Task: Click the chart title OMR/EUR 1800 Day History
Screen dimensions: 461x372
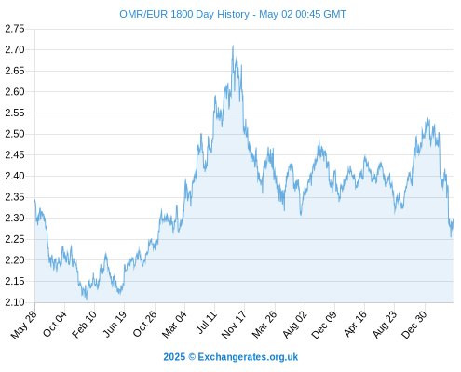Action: (x=184, y=14)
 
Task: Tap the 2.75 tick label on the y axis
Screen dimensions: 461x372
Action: (x=15, y=29)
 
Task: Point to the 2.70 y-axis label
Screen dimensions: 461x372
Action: (x=15, y=49)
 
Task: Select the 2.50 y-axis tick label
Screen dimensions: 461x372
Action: (x=15, y=134)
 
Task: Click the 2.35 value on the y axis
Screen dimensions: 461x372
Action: (x=15, y=197)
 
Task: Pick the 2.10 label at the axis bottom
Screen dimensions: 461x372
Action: (x=15, y=302)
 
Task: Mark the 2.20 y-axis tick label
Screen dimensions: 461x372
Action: (x=15, y=260)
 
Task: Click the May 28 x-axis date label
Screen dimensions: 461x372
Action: (x=24, y=325)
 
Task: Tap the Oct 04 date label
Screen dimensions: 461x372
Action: (x=55, y=324)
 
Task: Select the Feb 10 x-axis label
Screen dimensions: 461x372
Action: (x=84, y=325)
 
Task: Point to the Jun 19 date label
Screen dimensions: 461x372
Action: (x=115, y=324)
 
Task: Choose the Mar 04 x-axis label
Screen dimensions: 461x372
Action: (x=174, y=325)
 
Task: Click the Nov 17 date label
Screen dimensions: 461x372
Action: (x=234, y=325)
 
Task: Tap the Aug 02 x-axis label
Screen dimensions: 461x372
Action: (x=295, y=325)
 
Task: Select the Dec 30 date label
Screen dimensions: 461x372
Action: (x=414, y=325)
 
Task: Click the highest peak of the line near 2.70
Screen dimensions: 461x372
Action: (x=233, y=46)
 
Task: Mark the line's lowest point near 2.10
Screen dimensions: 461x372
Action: (x=87, y=299)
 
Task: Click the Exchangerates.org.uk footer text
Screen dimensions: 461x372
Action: (x=248, y=357)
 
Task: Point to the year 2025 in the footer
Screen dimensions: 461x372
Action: (x=174, y=357)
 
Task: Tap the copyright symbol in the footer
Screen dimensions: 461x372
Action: (x=192, y=357)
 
